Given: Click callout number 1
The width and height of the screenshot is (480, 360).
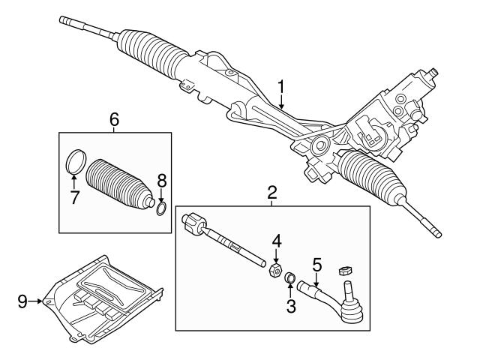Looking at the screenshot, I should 281,88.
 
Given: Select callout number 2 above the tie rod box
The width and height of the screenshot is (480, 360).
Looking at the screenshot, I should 271,193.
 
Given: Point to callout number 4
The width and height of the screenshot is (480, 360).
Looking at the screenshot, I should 276,241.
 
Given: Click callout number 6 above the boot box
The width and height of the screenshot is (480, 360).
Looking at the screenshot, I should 114,118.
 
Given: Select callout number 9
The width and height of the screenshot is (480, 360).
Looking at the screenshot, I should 23,301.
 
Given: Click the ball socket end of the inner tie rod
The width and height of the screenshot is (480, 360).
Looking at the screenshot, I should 193,223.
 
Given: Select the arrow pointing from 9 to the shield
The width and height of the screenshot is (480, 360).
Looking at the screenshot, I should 37,301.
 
